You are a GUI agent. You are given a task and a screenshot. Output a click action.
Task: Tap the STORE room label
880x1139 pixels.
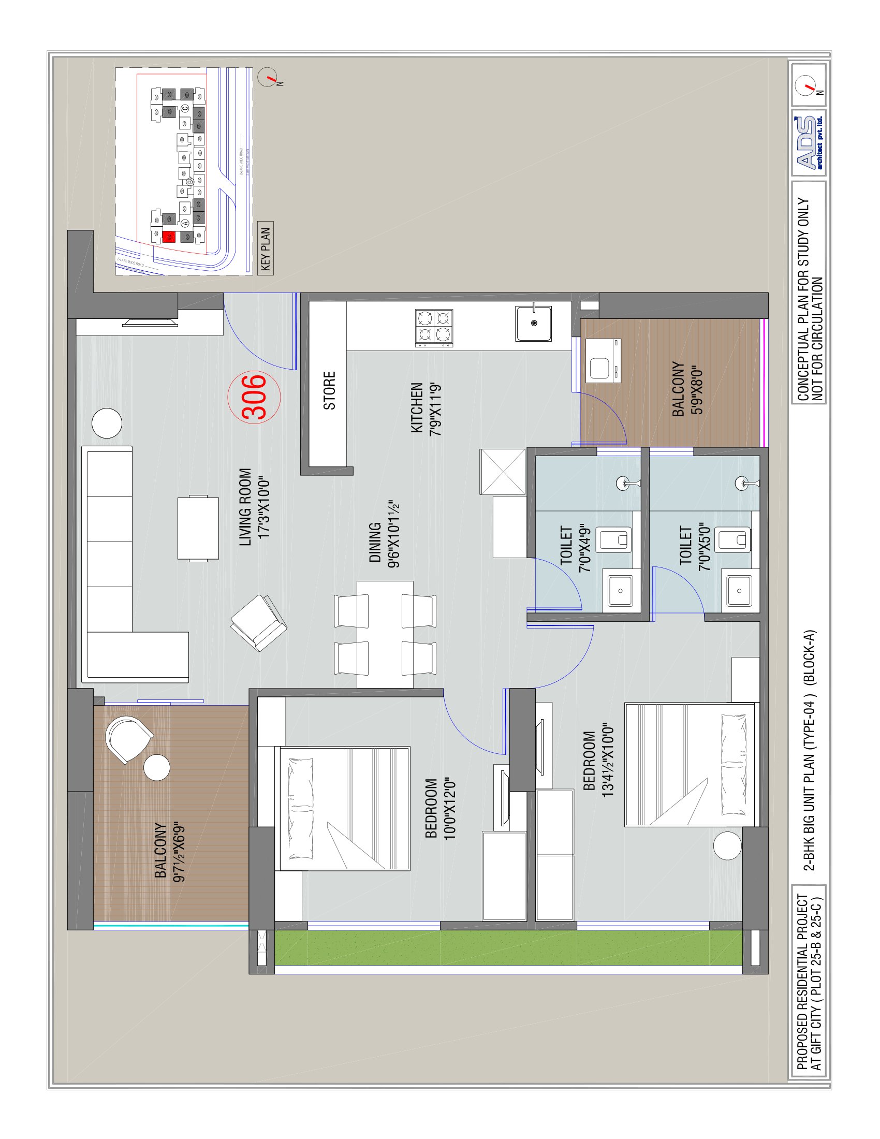click(x=329, y=390)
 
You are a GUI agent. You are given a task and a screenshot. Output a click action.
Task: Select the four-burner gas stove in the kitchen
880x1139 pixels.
click(x=434, y=328)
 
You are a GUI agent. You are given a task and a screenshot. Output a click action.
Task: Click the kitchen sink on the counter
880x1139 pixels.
click(x=533, y=324)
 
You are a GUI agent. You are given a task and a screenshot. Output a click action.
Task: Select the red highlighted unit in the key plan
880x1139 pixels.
click(x=168, y=237)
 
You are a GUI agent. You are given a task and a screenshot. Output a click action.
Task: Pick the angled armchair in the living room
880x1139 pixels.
click(x=259, y=623)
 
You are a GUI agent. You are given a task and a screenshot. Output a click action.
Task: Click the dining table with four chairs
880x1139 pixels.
click(x=385, y=635)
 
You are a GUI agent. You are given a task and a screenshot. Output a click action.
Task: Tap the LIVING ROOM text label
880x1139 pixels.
click(x=245, y=507)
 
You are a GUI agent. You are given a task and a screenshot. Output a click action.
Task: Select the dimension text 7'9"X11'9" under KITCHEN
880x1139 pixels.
click(x=436, y=409)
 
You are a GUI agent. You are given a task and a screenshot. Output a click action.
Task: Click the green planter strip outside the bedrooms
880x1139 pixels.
click(x=508, y=948)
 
